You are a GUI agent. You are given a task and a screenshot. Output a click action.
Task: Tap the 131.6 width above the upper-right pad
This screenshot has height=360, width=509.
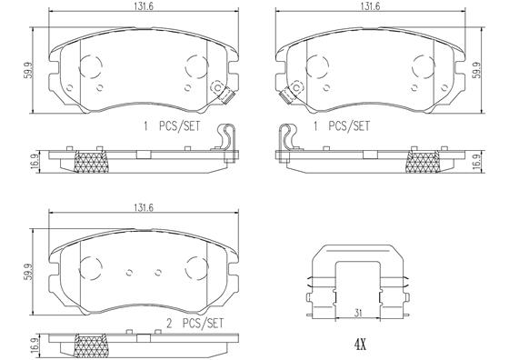coord(368,7)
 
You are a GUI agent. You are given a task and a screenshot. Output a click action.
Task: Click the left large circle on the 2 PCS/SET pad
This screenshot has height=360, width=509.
coord(89,270)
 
